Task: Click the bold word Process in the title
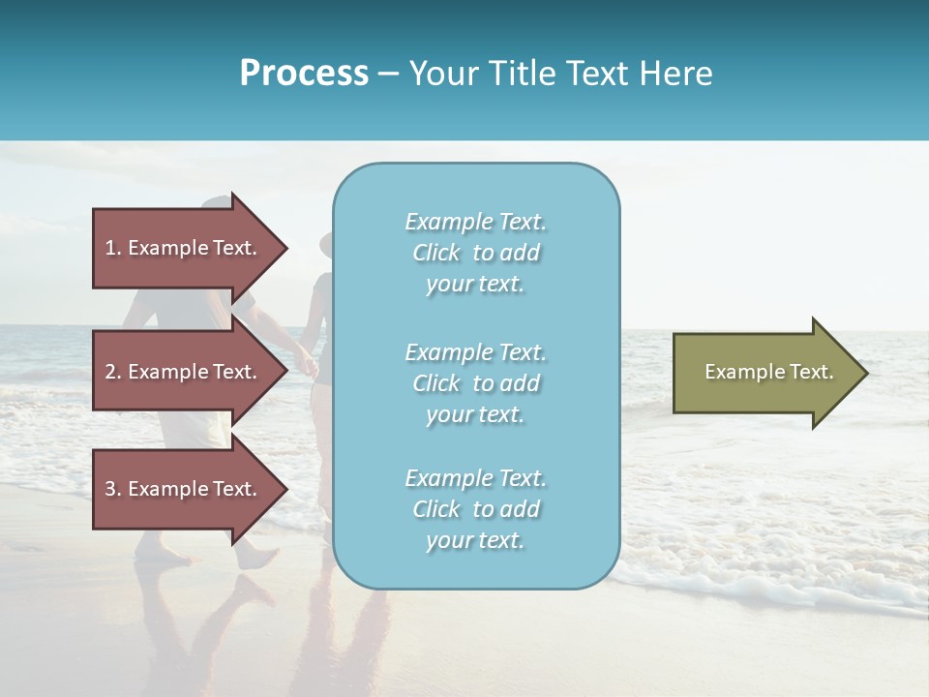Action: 304,74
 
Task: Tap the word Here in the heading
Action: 676,74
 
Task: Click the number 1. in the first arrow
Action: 113,248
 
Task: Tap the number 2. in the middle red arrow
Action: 113,372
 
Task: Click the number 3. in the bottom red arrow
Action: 113,489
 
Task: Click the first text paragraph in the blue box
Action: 475,253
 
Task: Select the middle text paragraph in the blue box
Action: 475,383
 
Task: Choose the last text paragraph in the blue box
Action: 475,509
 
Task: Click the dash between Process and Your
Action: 388,74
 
